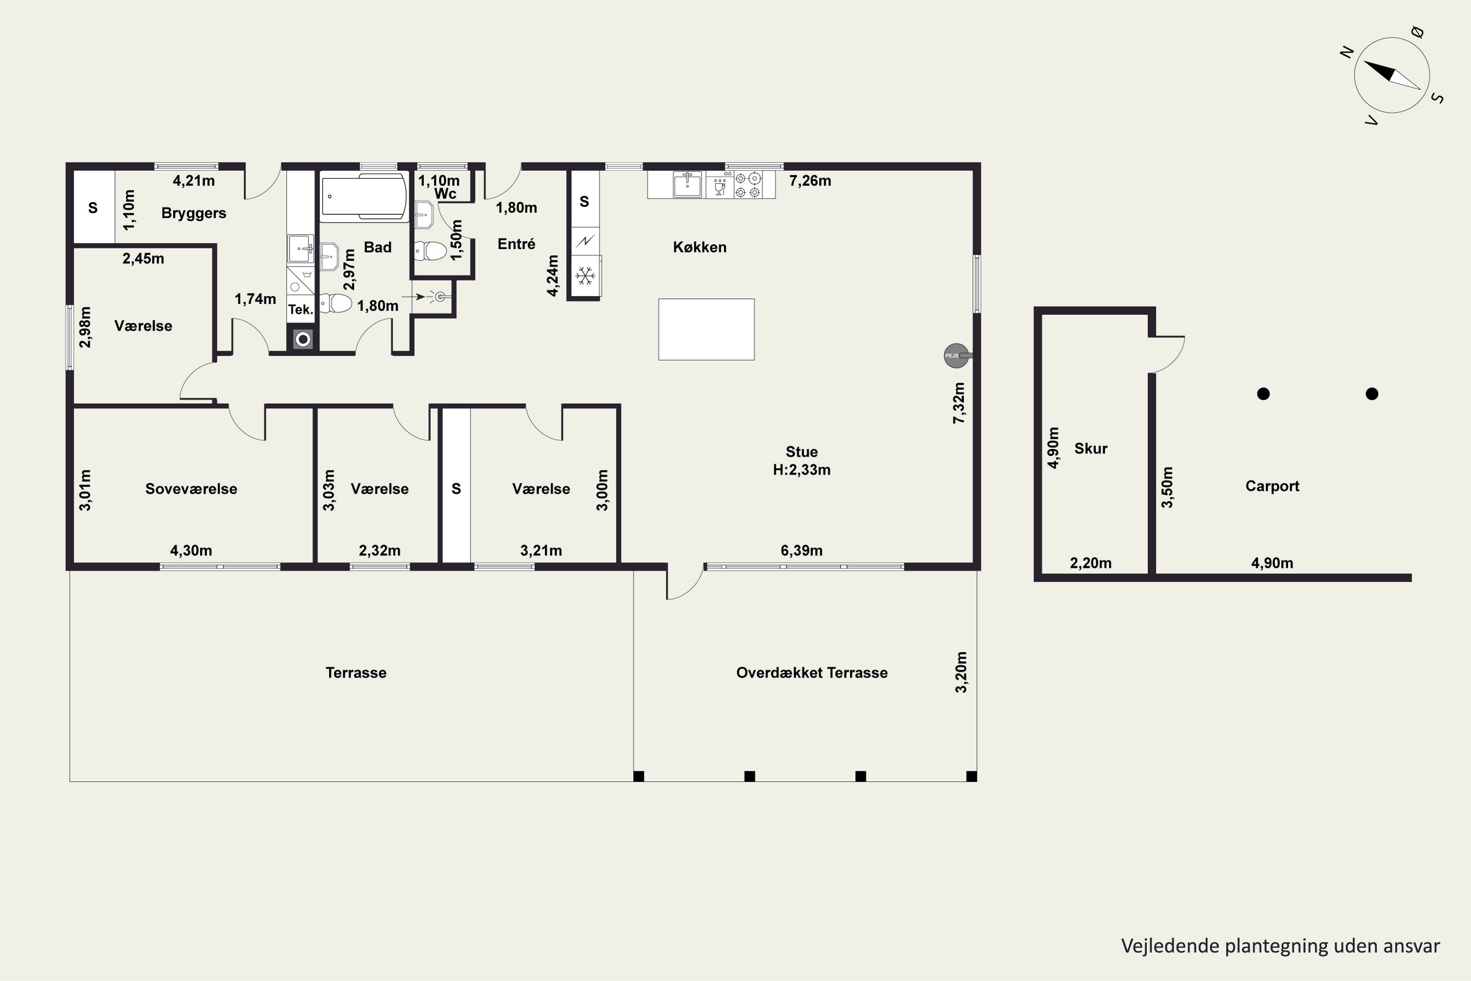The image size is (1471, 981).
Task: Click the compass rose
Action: [x=1392, y=75]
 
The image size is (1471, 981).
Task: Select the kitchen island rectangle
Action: [x=706, y=329]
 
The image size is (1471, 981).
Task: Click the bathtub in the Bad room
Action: [x=363, y=197]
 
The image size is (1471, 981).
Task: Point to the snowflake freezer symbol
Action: [x=585, y=276]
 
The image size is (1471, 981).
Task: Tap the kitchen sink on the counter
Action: [x=687, y=184]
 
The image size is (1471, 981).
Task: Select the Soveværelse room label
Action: [x=191, y=489]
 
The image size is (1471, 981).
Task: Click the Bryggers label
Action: [x=194, y=213]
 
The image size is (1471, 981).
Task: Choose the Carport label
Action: [x=1272, y=486]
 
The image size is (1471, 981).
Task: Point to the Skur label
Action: [x=1091, y=449]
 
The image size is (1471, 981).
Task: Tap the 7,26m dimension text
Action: [x=810, y=181]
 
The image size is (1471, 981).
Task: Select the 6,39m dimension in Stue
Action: [x=801, y=550]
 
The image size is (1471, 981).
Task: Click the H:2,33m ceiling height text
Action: [x=802, y=470]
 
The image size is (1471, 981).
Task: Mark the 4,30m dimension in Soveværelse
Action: [x=191, y=550]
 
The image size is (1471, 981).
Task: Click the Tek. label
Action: [x=300, y=309]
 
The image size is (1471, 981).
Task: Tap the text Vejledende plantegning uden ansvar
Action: [x=1280, y=946]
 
